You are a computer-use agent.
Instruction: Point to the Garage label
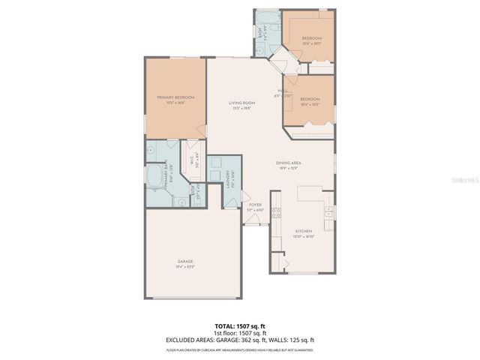(x=184, y=262)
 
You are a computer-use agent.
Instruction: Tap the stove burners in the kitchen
(x=275, y=212)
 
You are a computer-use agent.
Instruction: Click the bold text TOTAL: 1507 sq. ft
(x=239, y=327)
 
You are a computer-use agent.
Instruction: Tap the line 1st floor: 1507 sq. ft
(x=239, y=334)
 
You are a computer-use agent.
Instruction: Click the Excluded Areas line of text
(x=239, y=340)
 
